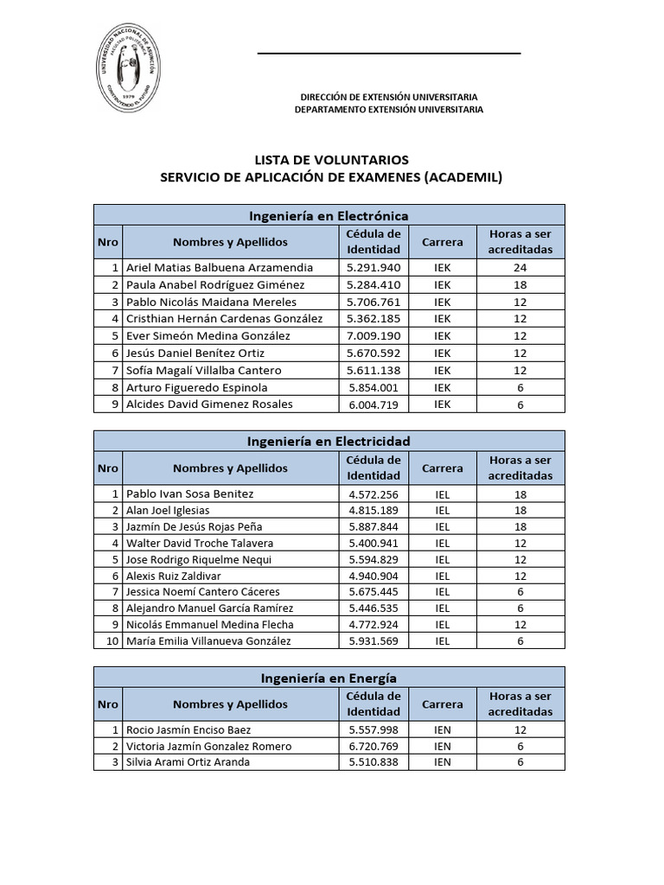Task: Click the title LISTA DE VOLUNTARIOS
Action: tap(331, 160)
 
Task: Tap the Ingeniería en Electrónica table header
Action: tap(329, 215)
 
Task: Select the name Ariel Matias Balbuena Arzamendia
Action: tap(220, 268)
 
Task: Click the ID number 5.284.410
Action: tap(373, 285)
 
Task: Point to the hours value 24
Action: tap(520, 268)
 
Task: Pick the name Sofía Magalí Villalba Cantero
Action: tap(203, 370)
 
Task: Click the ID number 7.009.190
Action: tap(373, 336)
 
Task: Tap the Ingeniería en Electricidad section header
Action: tap(329, 441)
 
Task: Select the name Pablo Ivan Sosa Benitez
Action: tap(190, 493)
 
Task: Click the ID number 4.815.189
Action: tap(373, 511)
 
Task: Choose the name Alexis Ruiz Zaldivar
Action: tap(173, 576)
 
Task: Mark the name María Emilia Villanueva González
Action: tap(208, 641)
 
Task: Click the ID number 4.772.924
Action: tap(373, 625)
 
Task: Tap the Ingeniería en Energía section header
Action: tap(329, 678)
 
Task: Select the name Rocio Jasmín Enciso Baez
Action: tap(189, 730)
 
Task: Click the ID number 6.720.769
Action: tap(373, 747)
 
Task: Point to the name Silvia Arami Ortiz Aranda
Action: tap(188, 762)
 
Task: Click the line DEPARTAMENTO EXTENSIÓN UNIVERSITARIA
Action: tap(389, 110)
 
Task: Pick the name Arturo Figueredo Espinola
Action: tap(197, 387)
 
